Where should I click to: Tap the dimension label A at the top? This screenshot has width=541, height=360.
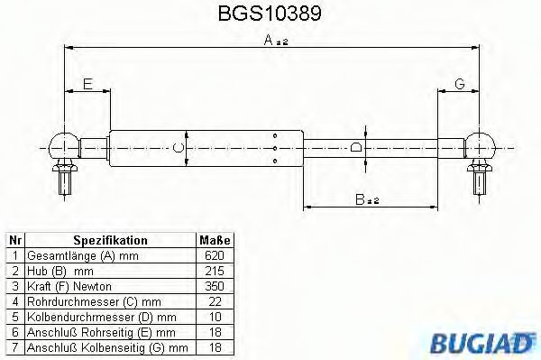pos(270,40)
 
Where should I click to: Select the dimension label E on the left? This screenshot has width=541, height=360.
pos(87,84)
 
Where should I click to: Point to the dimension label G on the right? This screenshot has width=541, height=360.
pos(459,84)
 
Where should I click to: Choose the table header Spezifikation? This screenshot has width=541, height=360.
pos(110,241)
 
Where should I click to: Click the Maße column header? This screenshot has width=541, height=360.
pos(215,241)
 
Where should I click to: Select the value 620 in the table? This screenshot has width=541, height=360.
pos(215,256)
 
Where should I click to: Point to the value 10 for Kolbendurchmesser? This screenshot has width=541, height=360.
pos(215,317)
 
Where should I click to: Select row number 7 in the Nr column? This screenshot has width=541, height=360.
pos(14,346)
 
